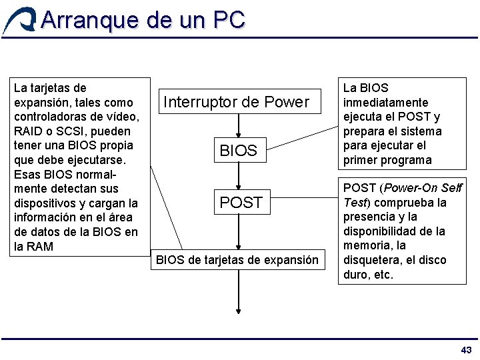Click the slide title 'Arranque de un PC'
point(143,20)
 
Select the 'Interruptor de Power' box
point(237,102)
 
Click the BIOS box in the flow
point(238,151)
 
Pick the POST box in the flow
point(241,202)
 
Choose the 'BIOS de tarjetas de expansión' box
point(237,259)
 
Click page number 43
point(466,350)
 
